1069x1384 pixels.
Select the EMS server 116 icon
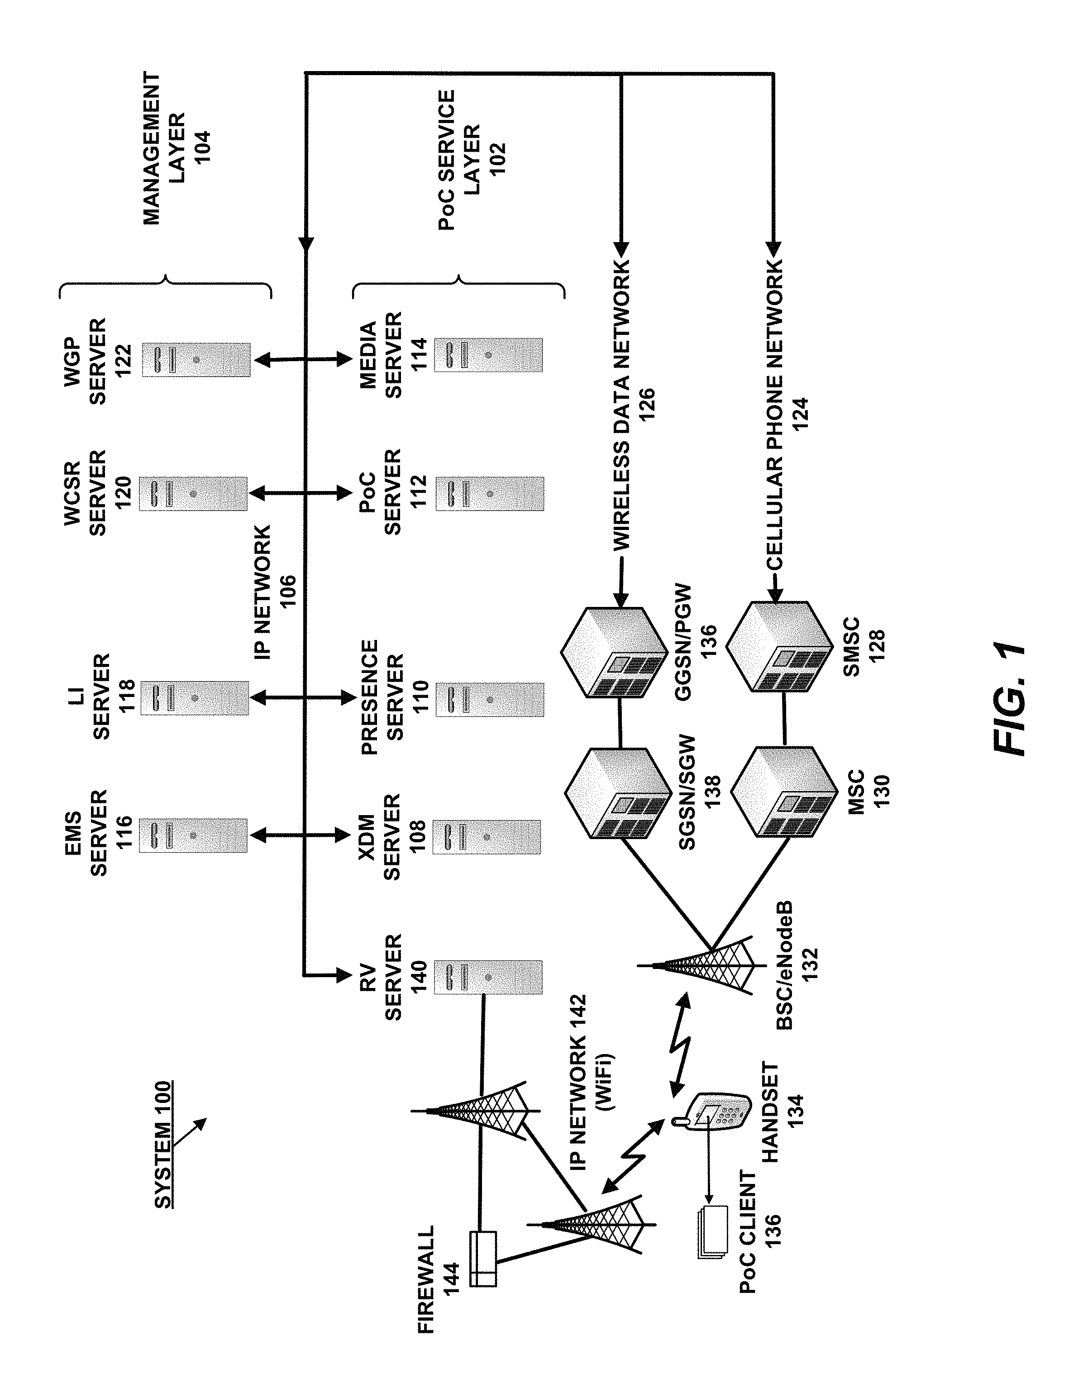pos(193,835)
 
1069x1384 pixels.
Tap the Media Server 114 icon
pos(488,355)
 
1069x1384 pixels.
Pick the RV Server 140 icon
pos(488,977)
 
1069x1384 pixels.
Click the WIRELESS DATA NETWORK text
pos(621,406)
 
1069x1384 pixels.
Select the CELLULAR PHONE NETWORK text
pos(775,415)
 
